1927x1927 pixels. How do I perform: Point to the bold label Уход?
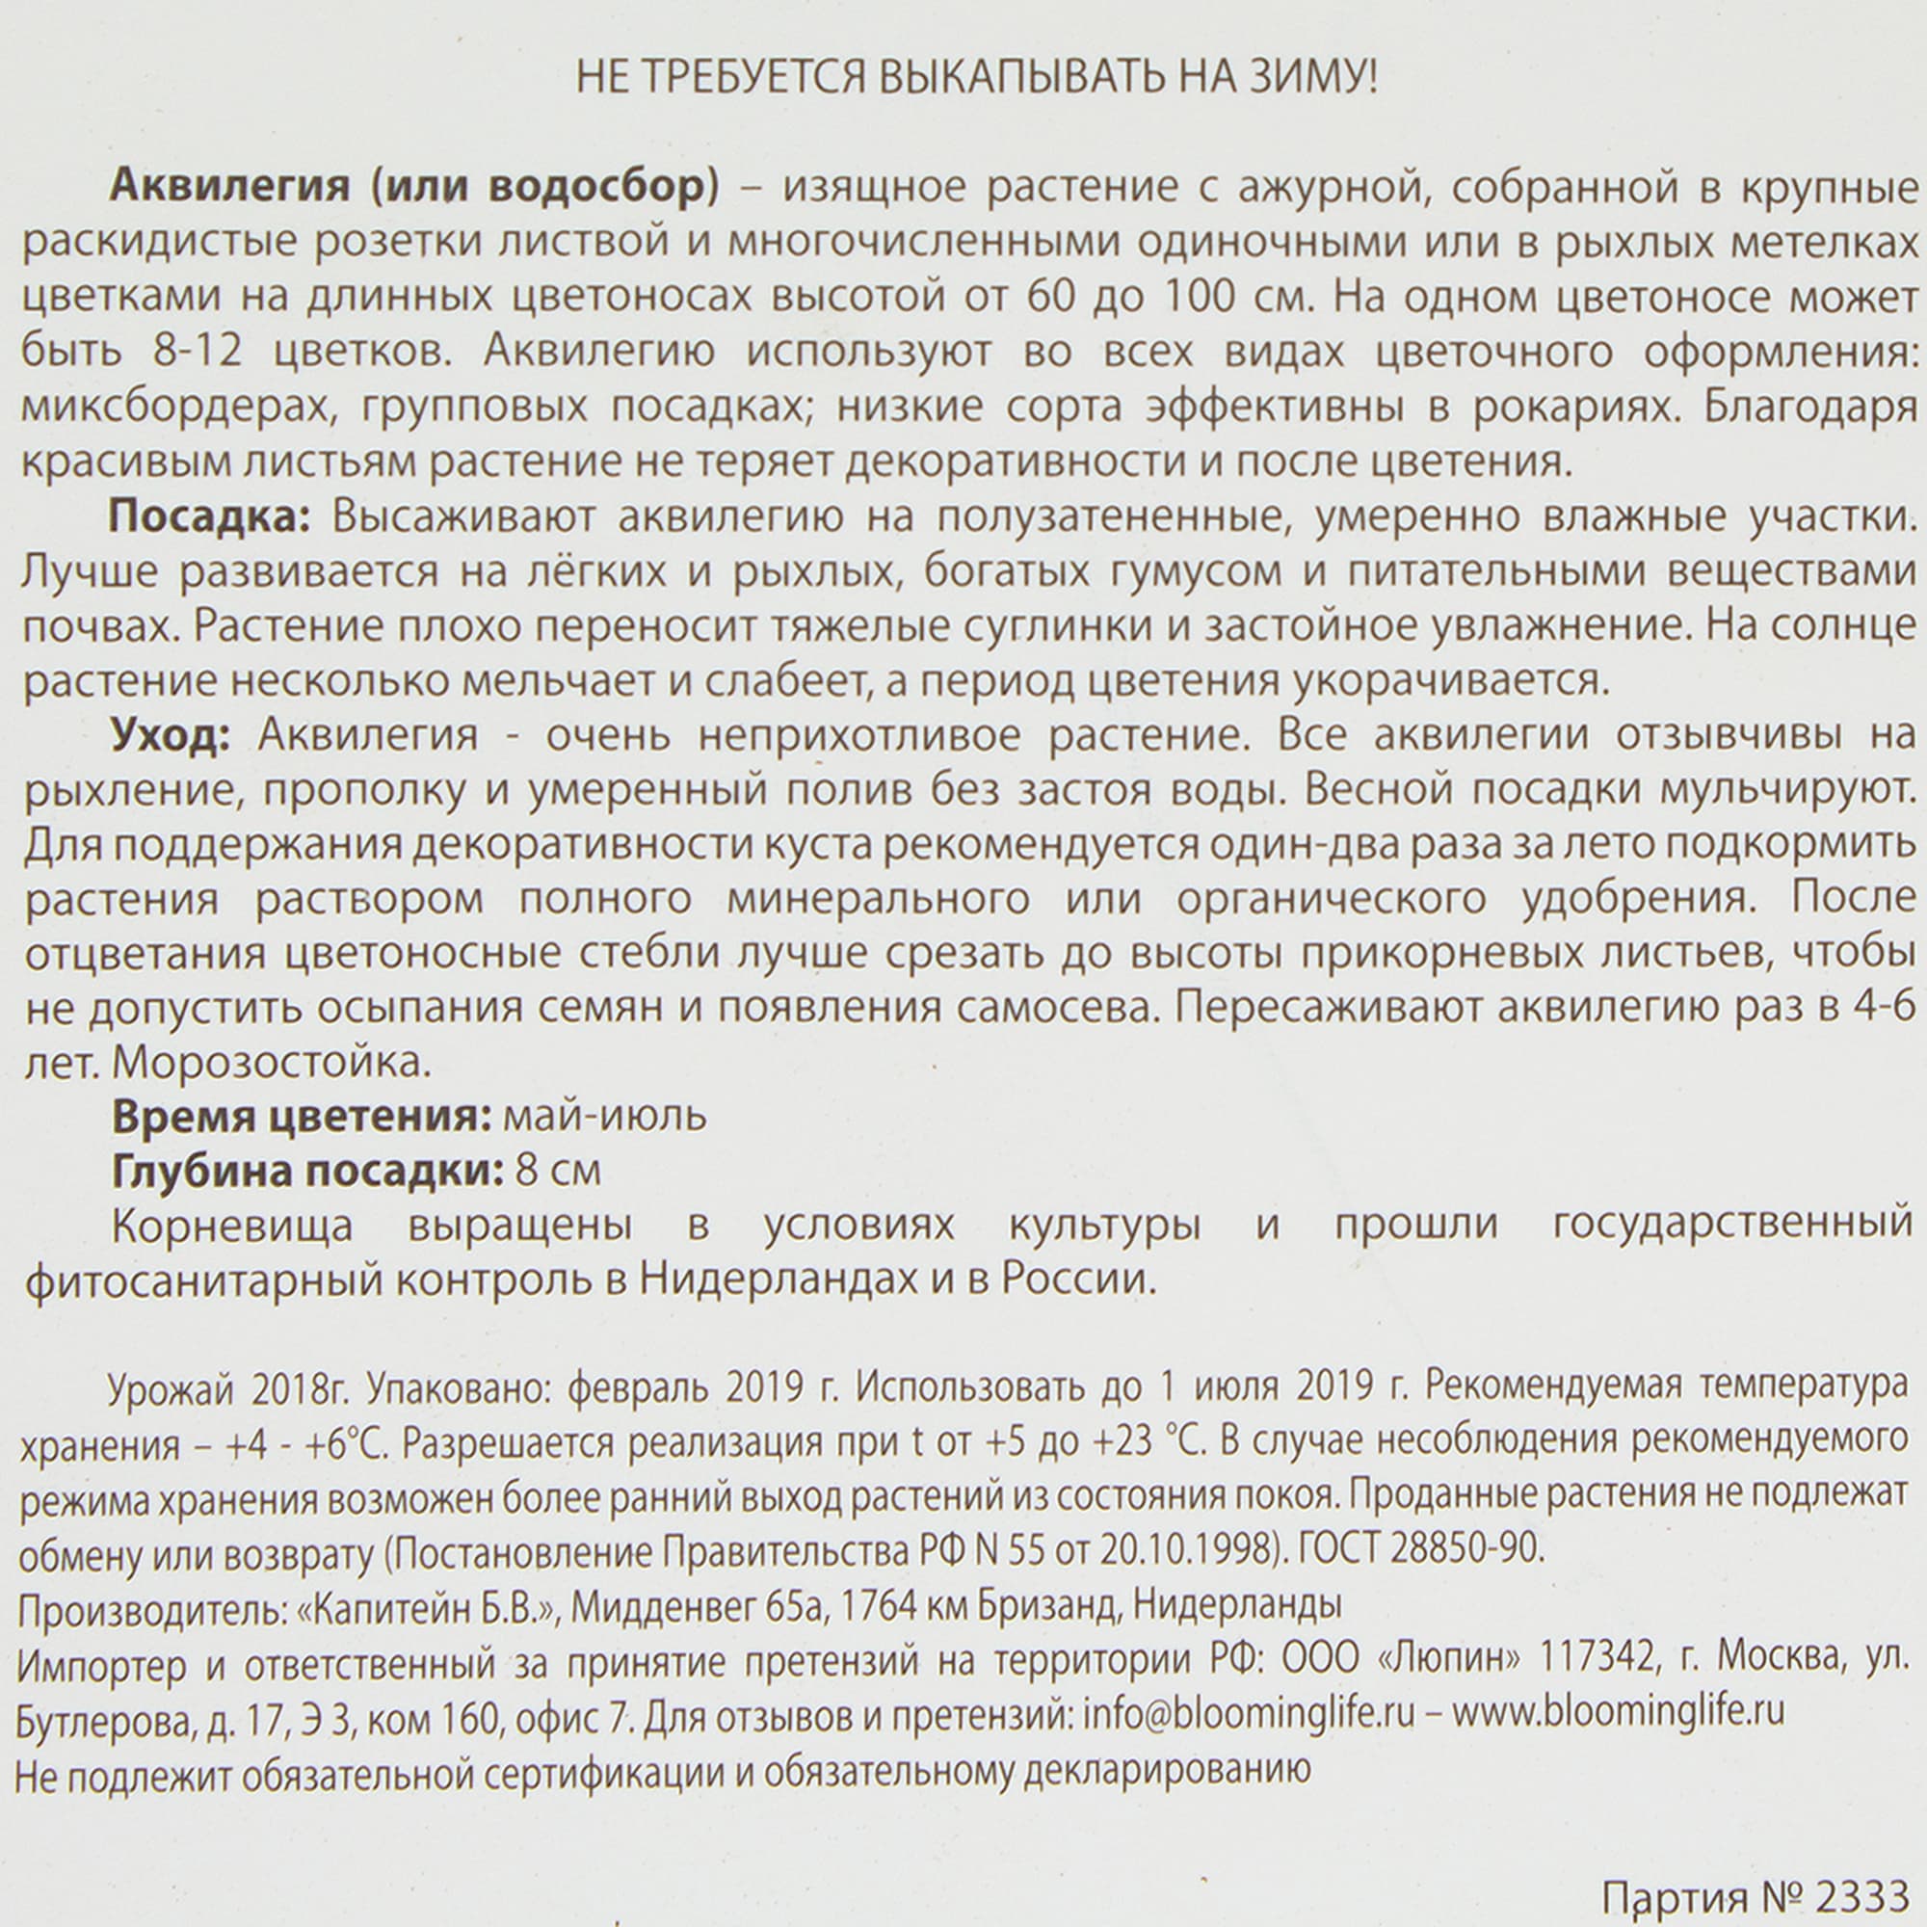(x=171, y=735)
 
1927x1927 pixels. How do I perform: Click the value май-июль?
(x=605, y=1117)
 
